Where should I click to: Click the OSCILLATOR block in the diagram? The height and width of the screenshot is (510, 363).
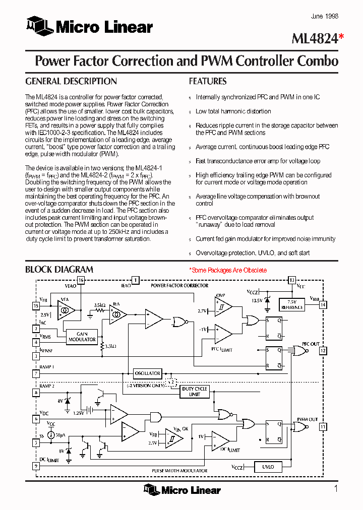147,373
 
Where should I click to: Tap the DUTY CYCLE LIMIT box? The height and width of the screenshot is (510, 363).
195,392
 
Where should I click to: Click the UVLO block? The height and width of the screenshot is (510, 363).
268,467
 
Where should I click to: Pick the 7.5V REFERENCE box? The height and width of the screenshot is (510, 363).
292,304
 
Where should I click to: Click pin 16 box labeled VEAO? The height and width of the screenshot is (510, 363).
81,280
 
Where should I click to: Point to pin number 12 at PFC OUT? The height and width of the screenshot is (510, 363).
323,350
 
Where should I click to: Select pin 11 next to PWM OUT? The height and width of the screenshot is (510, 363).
323,427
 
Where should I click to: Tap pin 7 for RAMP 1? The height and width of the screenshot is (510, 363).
36,374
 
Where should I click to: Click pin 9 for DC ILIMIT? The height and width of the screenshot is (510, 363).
36,466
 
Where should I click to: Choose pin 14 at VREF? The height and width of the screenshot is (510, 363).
323,304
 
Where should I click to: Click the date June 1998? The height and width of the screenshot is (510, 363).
324,17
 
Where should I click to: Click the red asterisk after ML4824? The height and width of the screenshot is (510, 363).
341,37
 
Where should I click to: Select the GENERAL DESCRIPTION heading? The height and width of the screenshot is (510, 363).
71,81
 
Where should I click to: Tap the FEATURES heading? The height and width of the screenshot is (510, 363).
208,81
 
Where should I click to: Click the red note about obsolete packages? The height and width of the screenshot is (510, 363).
228,270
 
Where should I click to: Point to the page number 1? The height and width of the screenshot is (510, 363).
336,488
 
